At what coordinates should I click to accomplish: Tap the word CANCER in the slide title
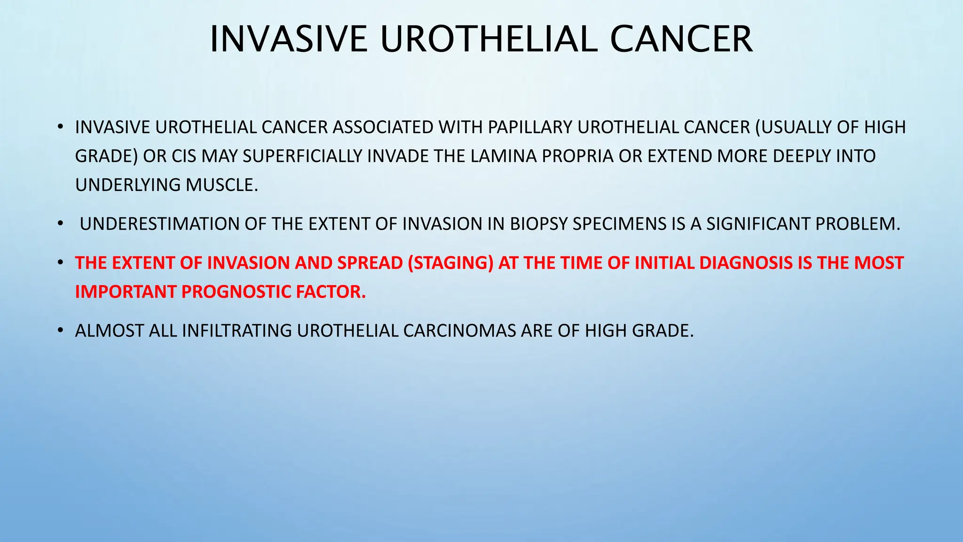681,39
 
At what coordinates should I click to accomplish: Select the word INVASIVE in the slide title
288,39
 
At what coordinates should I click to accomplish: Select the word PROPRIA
577,156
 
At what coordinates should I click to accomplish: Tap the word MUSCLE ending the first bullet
221,185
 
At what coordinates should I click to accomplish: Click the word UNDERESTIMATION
159,224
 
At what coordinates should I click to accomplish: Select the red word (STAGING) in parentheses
450,263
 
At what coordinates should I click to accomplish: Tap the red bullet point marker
60,263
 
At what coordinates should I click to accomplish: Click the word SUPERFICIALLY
304,156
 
